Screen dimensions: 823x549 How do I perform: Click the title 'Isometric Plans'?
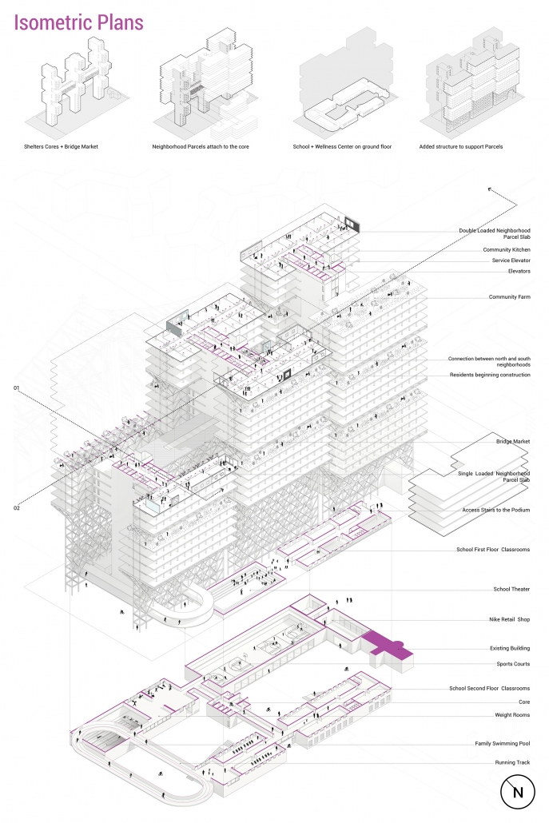coord(79,22)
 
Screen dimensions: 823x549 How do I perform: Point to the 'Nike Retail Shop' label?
coord(509,619)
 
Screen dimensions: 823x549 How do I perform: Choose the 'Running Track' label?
coord(511,763)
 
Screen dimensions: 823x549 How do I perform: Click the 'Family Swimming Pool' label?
coord(502,744)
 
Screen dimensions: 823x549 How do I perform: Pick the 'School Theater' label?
coord(511,590)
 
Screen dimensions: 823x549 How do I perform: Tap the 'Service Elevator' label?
coord(507,260)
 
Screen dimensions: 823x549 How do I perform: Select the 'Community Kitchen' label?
coord(506,250)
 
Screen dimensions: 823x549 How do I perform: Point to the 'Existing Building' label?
coord(509,648)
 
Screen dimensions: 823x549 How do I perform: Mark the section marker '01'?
coord(16,388)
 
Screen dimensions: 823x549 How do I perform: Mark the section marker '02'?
coord(16,507)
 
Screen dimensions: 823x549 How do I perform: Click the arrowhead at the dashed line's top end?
coord(488,189)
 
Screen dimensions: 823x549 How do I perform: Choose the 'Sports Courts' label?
coord(512,664)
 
